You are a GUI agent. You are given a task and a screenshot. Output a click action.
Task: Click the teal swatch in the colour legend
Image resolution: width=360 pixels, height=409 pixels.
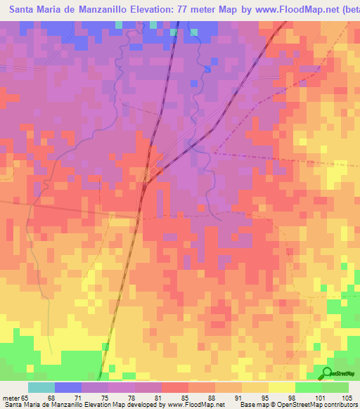point(41,387)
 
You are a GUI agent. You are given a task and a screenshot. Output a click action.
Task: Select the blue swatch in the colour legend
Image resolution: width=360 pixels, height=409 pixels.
point(67,387)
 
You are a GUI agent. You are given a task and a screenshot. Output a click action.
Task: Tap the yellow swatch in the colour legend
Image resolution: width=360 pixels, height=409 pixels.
point(281,387)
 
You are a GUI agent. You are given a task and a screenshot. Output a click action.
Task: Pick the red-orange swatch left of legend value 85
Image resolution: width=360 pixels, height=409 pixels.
point(174,387)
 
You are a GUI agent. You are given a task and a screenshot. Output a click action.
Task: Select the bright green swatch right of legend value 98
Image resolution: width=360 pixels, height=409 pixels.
point(308,387)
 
